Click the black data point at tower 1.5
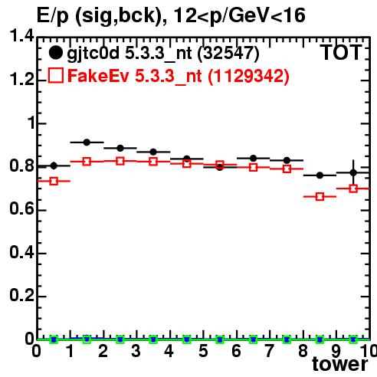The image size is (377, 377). [87, 143]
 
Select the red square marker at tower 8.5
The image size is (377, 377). [320, 197]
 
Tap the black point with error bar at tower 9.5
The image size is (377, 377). [353, 173]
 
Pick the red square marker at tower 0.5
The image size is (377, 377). [54, 181]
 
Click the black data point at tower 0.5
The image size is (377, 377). [54, 166]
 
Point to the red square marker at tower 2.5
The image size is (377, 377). [120, 161]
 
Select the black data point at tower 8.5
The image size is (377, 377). [320, 175]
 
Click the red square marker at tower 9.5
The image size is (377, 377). [353, 188]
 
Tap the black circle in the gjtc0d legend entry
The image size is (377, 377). [55, 53]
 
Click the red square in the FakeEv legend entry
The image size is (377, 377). [55, 75]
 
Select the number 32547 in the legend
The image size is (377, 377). [228, 53]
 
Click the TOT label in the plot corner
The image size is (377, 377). [341, 53]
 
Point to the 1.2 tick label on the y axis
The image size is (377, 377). [21, 80]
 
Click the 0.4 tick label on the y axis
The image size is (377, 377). [21, 253]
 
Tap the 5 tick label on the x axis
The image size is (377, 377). [203, 351]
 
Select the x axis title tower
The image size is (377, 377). [340, 365]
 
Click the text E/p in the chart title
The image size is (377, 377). [53, 16]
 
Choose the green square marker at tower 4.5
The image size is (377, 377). [187, 339]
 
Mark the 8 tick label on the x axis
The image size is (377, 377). [303, 351]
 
